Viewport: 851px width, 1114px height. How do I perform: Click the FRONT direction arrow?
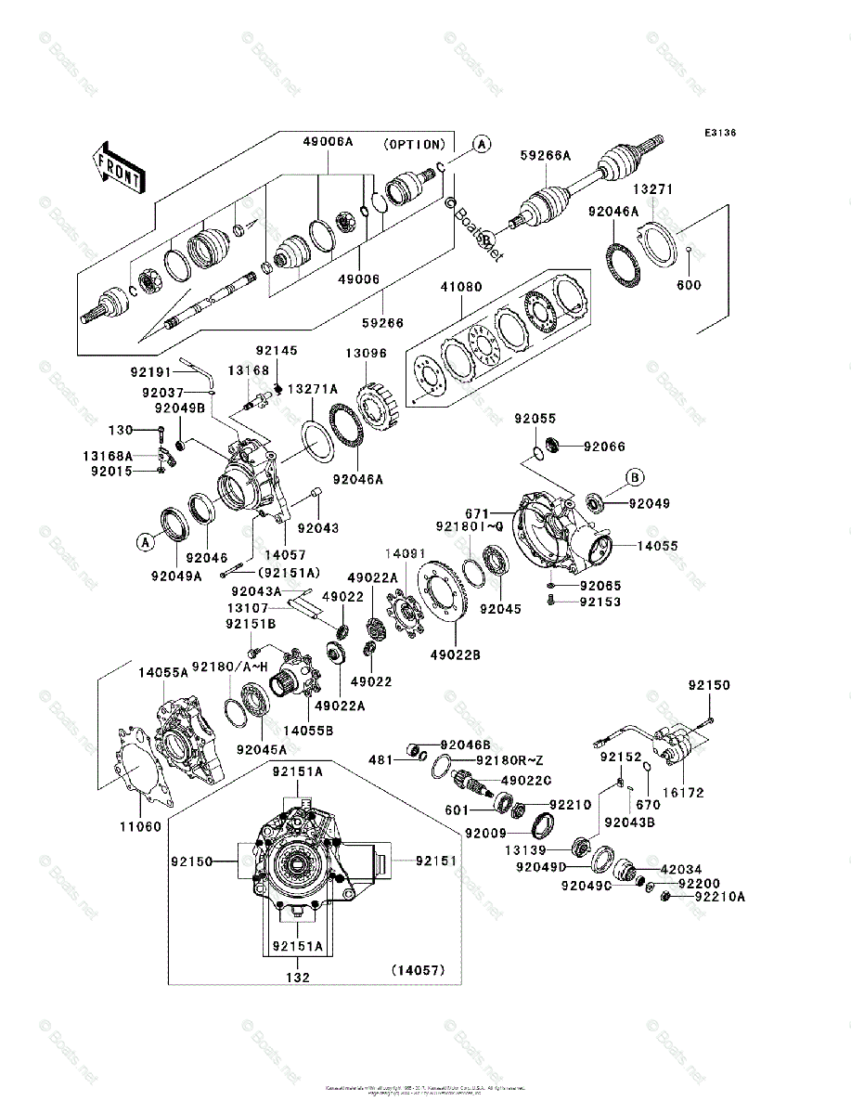click(118, 167)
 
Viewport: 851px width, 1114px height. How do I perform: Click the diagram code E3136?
click(719, 134)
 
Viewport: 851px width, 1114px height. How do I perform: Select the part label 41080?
click(461, 288)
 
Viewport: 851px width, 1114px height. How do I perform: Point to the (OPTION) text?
click(414, 145)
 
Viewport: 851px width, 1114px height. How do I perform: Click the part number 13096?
click(367, 354)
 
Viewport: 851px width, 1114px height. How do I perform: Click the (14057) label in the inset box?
click(418, 970)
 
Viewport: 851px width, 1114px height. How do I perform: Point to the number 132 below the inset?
click(297, 978)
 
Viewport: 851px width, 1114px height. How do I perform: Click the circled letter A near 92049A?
click(145, 541)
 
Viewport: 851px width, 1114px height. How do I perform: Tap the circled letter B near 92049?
click(635, 478)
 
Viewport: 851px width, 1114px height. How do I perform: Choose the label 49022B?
click(455, 655)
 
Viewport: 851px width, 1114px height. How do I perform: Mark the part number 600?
click(690, 285)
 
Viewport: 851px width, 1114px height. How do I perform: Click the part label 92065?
click(600, 586)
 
